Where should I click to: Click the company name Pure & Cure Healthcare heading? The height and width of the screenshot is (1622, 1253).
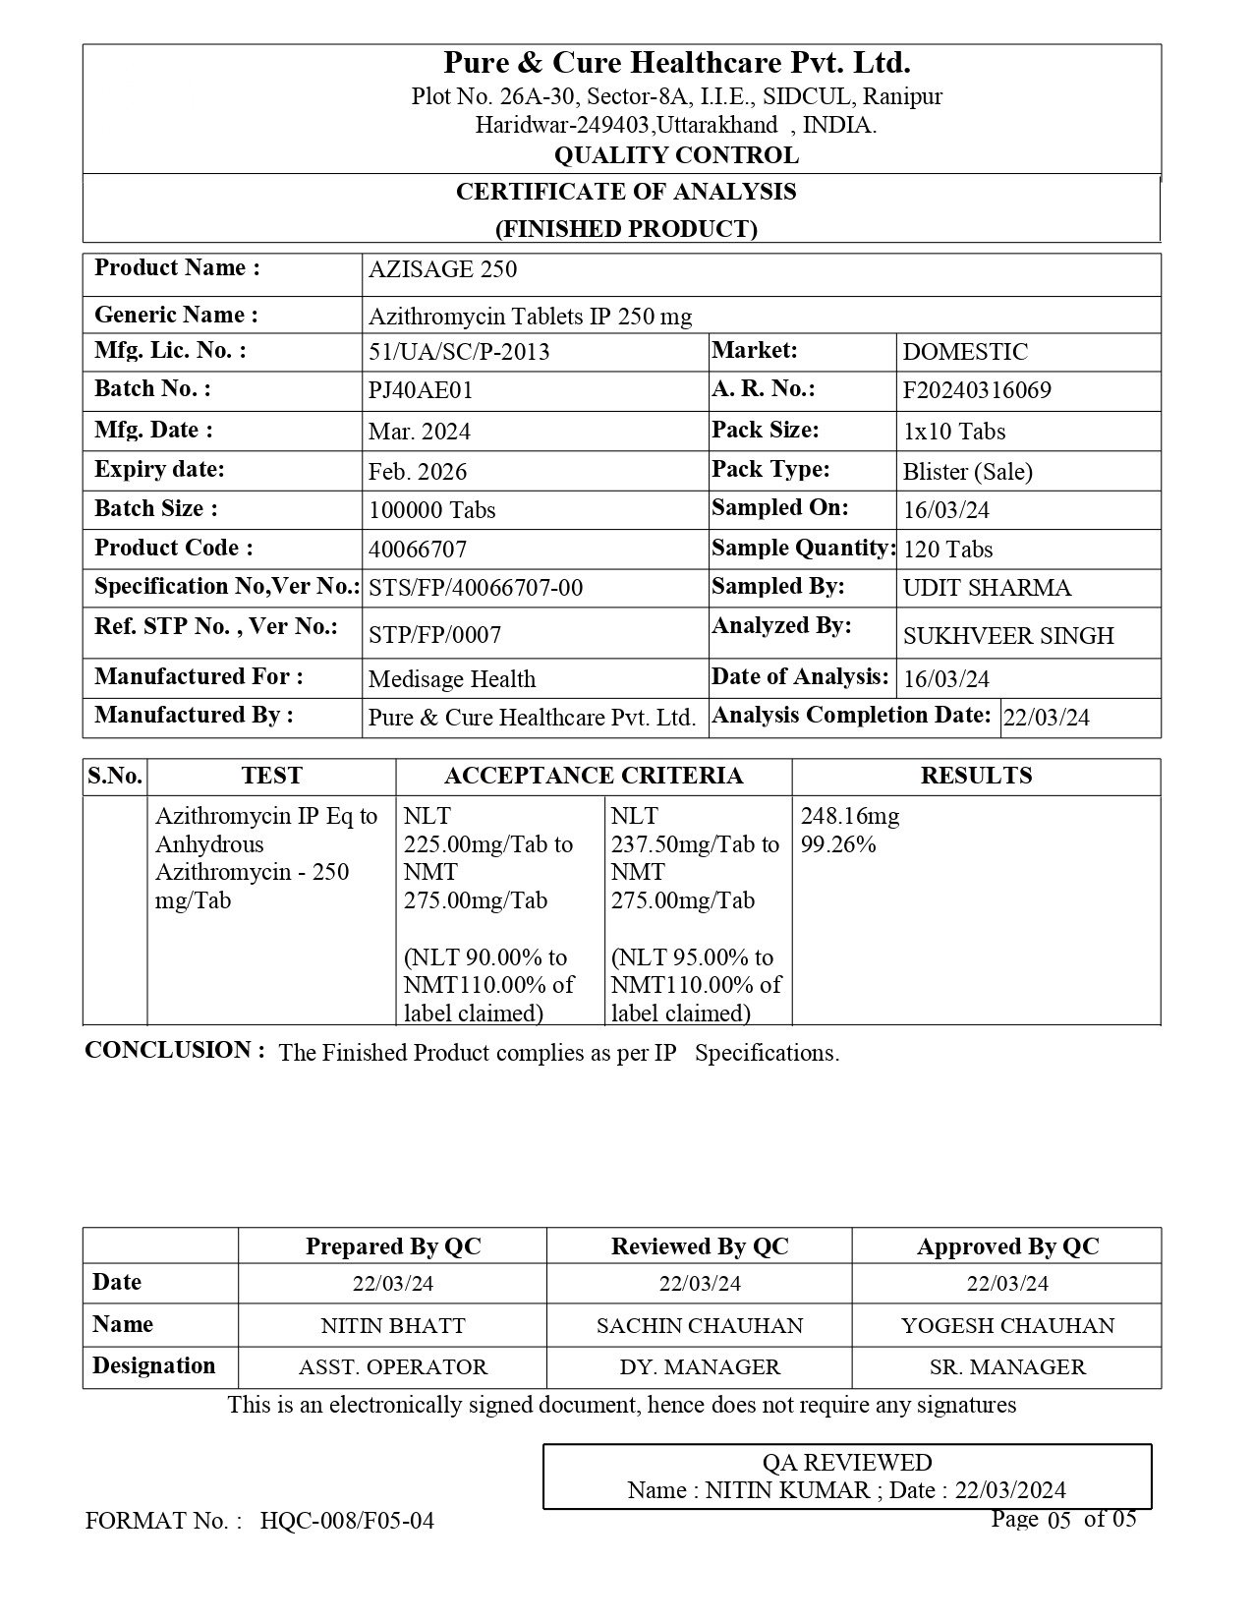677,63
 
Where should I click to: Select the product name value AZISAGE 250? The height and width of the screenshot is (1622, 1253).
442,270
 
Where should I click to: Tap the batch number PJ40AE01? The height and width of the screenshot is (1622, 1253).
421,390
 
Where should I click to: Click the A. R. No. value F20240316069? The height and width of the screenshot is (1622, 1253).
977,390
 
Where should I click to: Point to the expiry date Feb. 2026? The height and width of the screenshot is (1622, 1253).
418,472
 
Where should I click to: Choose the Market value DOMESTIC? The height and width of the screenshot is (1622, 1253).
965,352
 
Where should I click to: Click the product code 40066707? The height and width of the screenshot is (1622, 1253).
418,550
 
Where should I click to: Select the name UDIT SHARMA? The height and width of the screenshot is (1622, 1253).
987,588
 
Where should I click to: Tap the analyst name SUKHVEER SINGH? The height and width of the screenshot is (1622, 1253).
1008,636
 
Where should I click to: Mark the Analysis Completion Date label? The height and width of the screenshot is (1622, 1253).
851,716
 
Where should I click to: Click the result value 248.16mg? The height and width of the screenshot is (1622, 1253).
850,816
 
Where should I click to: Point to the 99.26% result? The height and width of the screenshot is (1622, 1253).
838,844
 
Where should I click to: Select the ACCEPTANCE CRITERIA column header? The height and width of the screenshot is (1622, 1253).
594,776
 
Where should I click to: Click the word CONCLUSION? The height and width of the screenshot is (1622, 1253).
174,1050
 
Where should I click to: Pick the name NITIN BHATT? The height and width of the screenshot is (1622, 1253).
393,1325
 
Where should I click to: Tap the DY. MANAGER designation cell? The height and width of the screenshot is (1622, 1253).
700,1367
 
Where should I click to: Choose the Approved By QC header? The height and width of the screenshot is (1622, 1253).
1007,1246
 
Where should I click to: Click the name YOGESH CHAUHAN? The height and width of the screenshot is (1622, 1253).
1007,1325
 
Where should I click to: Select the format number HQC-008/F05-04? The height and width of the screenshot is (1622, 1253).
347,1521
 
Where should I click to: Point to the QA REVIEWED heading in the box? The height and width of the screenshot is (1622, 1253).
846,1463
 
